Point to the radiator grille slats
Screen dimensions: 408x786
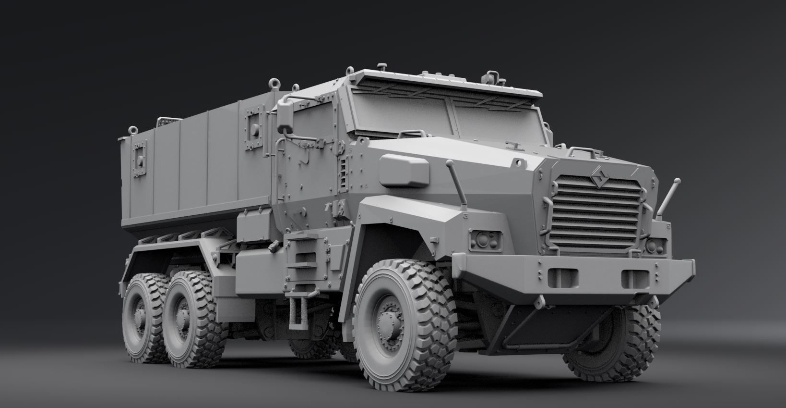598,211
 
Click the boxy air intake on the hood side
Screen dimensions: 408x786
404,170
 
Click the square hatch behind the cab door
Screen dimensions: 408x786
255,126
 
